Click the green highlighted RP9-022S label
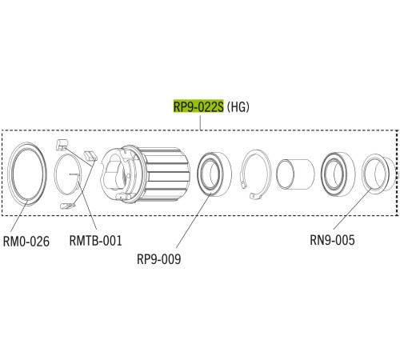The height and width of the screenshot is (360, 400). [x=198, y=106]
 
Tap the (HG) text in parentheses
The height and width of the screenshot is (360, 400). [x=238, y=107]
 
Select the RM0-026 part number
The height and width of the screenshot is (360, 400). [x=26, y=242]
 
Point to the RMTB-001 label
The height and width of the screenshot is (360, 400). [x=95, y=241]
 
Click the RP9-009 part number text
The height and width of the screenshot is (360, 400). [x=159, y=259]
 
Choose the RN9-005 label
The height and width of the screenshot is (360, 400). [x=332, y=240]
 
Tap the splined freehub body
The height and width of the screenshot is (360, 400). [x=146, y=174]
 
